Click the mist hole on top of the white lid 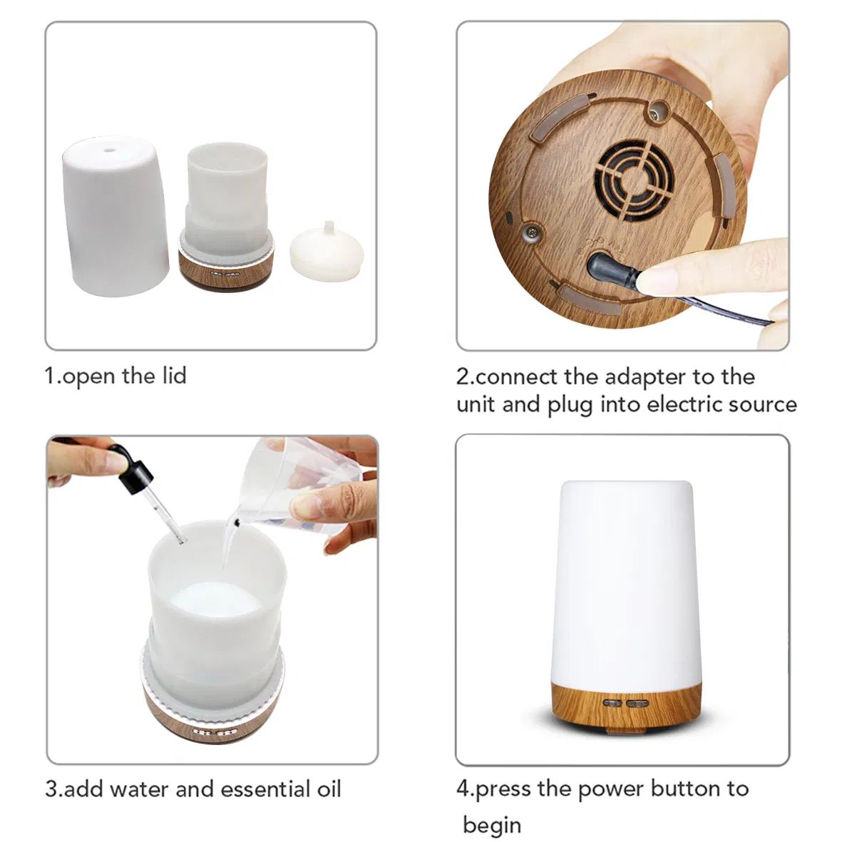click(x=109, y=150)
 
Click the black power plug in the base click(x=609, y=272)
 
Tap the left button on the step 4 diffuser click(x=611, y=703)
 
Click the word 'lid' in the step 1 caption click(x=173, y=376)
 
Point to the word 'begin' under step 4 click(x=491, y=825)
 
